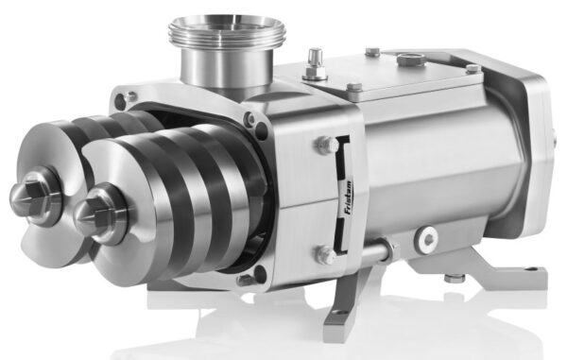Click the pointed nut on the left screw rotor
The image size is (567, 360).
(x=27, y=193)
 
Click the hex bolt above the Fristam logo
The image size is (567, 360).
(x=324, y=146)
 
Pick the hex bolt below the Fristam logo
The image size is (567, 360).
(x=324, y=254)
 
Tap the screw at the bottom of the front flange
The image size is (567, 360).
(x=247, y=279)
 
